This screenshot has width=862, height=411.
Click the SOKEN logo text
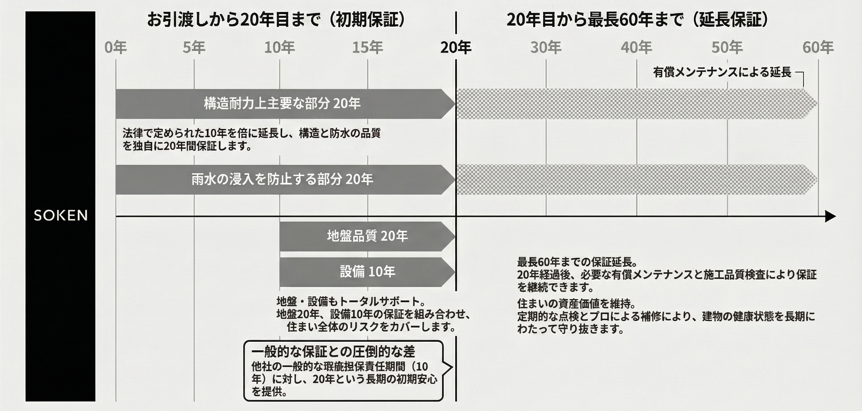tap(60, 216)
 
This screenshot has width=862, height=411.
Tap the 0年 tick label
tap(116, 48)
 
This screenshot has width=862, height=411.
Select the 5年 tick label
tap(194, 48)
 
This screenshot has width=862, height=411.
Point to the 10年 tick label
tap(279, 48)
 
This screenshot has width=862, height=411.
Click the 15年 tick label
tap(367, 48)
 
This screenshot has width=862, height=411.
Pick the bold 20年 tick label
tap(456, 48)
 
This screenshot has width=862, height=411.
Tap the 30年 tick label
tap(546, 48)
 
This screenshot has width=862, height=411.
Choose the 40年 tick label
tap(636, 48)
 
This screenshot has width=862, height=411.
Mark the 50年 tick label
tap(727, 48)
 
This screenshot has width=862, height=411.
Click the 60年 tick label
tap(818, 48)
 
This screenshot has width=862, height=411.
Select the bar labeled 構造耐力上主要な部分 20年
tap(282, 104)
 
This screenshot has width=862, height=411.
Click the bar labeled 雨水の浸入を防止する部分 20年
tap(282, 179)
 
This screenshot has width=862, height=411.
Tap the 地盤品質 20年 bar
tap(367, 236)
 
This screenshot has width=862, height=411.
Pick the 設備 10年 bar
tap(367, 272)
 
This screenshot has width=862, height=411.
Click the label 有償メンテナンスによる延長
tap(722, 72)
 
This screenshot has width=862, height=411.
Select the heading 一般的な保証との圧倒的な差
tap(333, 352)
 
